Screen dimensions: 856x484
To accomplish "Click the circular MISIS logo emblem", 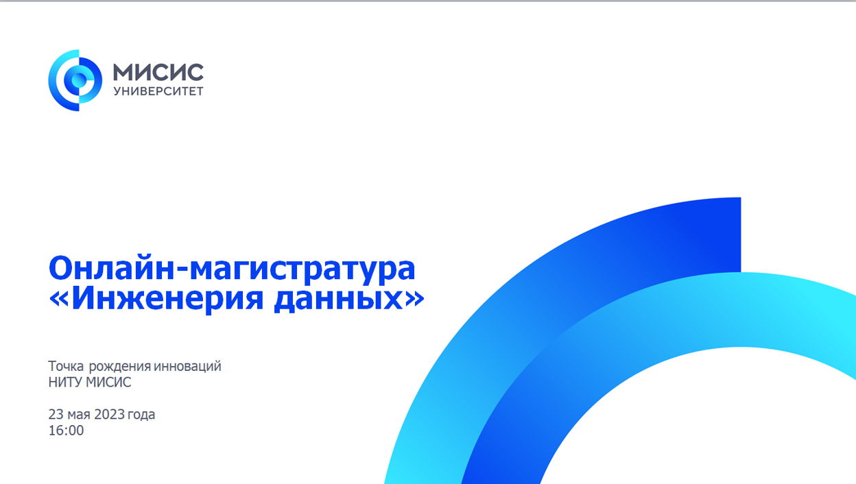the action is (x=75, y=80).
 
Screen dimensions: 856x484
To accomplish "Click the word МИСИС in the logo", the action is (x=158, y=72).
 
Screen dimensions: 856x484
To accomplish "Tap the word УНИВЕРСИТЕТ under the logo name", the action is (x=158, y=91).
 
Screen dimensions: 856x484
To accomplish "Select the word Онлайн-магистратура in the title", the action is (x=232, y=269).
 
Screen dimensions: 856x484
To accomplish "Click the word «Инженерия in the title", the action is (x=156, y=298).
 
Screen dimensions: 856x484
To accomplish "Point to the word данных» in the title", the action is (x=349, y=299).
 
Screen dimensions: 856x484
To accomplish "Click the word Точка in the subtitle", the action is (x=66, y=366).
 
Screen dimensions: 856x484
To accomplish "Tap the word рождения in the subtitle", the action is (x=119, y=367).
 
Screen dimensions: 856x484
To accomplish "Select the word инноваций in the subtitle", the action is (x=187, y=367).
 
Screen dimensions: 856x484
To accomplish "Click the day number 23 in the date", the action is (x=56, y=414).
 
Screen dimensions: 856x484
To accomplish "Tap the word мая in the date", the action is (x=79, y=415).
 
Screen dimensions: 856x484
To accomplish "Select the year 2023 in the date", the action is (x=109, y=414).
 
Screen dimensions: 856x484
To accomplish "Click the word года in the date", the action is (x=141, y=415).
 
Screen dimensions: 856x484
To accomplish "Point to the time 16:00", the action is (x=66, y=431).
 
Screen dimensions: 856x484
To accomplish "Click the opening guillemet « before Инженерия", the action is (x=58, y=300).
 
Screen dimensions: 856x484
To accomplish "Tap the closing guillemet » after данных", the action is (x=414, y=300).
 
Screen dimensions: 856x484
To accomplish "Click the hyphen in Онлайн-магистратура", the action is (x=182, y=272).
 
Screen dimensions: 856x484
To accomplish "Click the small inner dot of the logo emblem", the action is (x=79, y=80).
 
